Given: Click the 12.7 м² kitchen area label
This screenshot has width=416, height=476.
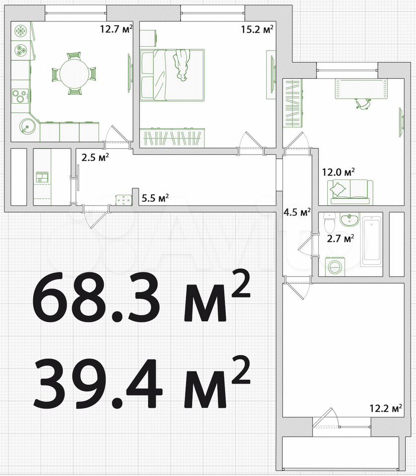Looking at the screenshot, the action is coord(117,29).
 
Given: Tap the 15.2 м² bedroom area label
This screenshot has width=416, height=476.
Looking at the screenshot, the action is coord(257,29).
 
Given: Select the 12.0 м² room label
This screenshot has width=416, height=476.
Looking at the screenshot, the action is coord(339,173).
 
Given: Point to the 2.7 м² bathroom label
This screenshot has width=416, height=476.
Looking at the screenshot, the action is coord(341,238).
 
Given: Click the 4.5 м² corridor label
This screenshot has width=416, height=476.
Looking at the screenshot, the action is coord(297,212).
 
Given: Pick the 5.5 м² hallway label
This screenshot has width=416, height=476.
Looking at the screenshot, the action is coord(155,198).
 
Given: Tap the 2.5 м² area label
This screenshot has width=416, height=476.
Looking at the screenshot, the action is coord(95,158).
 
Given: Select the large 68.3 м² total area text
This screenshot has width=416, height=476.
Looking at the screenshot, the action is coord(141,296).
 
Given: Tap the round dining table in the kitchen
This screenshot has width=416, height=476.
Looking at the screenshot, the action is coord(74,74).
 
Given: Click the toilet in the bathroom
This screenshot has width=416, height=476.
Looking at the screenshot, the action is coord(329,223).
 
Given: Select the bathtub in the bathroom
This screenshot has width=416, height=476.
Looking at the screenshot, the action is coord(371,241).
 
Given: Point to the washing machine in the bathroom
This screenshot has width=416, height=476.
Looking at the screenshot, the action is coord(336,266).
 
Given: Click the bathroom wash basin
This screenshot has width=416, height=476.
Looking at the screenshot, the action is coord(350,220).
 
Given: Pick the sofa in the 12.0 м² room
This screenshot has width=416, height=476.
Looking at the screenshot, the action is coord(351,192).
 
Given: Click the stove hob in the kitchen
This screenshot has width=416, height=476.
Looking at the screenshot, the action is coord(20,97).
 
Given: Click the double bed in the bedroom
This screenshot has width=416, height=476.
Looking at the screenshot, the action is coord(173,75).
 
